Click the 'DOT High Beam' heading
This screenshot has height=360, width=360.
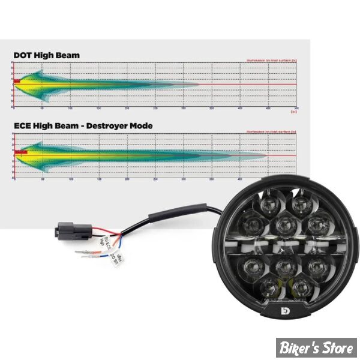(46, 55)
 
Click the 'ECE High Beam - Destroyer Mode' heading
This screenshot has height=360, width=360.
(83, 125)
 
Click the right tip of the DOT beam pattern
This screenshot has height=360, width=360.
(199, 85)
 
